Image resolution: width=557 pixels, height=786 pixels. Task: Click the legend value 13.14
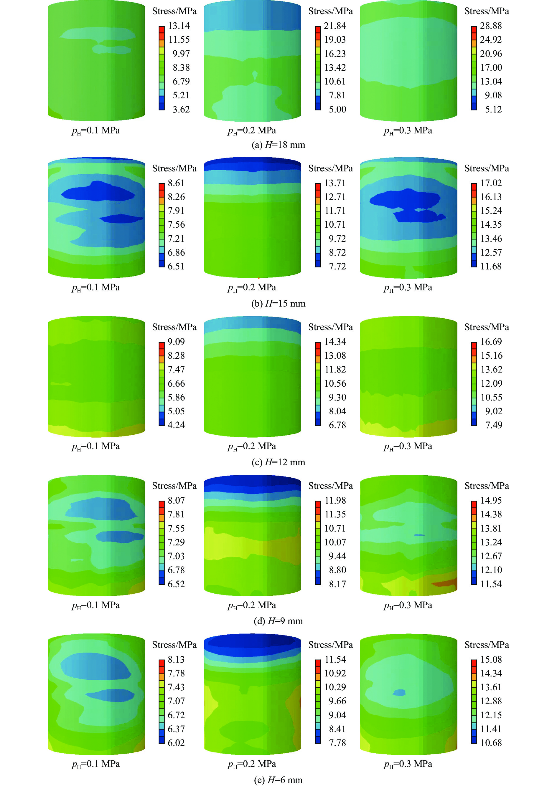click(179, 26)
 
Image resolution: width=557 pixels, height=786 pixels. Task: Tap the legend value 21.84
click(335, 26)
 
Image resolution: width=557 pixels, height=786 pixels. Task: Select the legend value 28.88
click(491, 26)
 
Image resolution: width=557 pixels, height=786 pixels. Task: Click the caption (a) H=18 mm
click(278, 145)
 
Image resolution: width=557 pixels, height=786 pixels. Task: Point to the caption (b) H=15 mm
click(278, 304)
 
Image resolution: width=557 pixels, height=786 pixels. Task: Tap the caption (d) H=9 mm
click(278, 621)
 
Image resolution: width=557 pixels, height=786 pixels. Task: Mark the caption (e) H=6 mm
click(278, 780)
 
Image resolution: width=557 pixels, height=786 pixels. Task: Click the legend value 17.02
click(491, 183)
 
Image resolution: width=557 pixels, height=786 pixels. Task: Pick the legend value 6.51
click(176, 266)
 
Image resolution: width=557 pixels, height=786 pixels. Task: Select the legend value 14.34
click(335, 342)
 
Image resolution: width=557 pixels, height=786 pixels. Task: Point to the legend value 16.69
click(491, 342)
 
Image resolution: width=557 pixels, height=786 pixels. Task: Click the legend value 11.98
click(335, 500)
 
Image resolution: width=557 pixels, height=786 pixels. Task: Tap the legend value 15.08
click(491, 659)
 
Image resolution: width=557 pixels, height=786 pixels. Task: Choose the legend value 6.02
click(176, 742)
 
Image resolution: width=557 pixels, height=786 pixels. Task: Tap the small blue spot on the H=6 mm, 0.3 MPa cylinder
click(399, 692)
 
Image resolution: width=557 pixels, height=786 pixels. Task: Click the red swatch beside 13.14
click(162, 29)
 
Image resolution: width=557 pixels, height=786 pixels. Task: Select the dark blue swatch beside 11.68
click(474, 263)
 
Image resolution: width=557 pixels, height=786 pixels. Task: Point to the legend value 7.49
click(494, 425)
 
